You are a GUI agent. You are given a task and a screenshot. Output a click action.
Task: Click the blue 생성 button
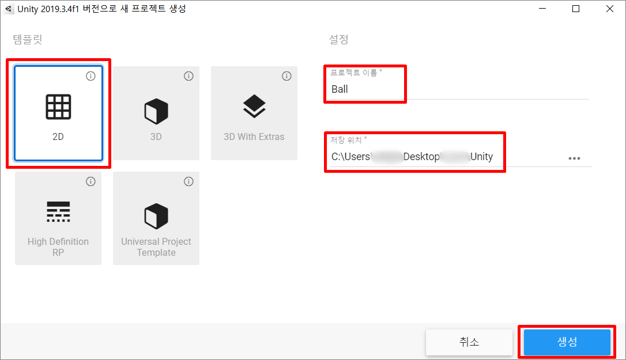pyautogui.click(x=567, y=342)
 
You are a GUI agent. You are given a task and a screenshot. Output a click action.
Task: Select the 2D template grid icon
pyautogui.click(x=58, y=107)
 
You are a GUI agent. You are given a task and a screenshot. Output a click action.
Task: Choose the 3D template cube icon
pyautogui.click(x=156, y=111)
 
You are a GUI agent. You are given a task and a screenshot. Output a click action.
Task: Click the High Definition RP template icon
pyautogui.click(x=58, y=212)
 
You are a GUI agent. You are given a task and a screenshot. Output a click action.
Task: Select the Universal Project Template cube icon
pyautogui.click(x=156, y=215)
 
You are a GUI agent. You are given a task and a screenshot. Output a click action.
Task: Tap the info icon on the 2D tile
pyautogui.click(x=90, y=76)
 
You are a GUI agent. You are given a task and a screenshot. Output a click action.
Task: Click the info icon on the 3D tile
pyautogui.click(x=188, y=76)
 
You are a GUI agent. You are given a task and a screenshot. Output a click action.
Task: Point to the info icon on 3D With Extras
pyautogui.click(x=286, y=76)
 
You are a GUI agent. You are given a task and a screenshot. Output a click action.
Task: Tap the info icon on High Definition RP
pyautogui.click(x=90, y=181)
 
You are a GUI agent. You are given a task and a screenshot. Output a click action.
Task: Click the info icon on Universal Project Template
pyautogui.click(x=188, y=181)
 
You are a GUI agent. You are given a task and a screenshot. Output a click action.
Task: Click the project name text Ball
pyautogui.click(x=340, y=89)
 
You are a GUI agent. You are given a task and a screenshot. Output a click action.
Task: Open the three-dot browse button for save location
pyautogui.click(x=574, y=158)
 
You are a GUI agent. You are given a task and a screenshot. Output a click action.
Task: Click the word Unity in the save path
pyautogui.click(x=481, y=157)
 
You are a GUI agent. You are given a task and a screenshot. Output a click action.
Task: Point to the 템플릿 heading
pyautogui.click(x=28, y=40)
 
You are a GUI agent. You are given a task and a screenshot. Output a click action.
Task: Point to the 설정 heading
pyautogui.click(x=338, y=40)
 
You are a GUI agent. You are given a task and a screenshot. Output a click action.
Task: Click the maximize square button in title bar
pyautogui.click(x=576, y=9)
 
